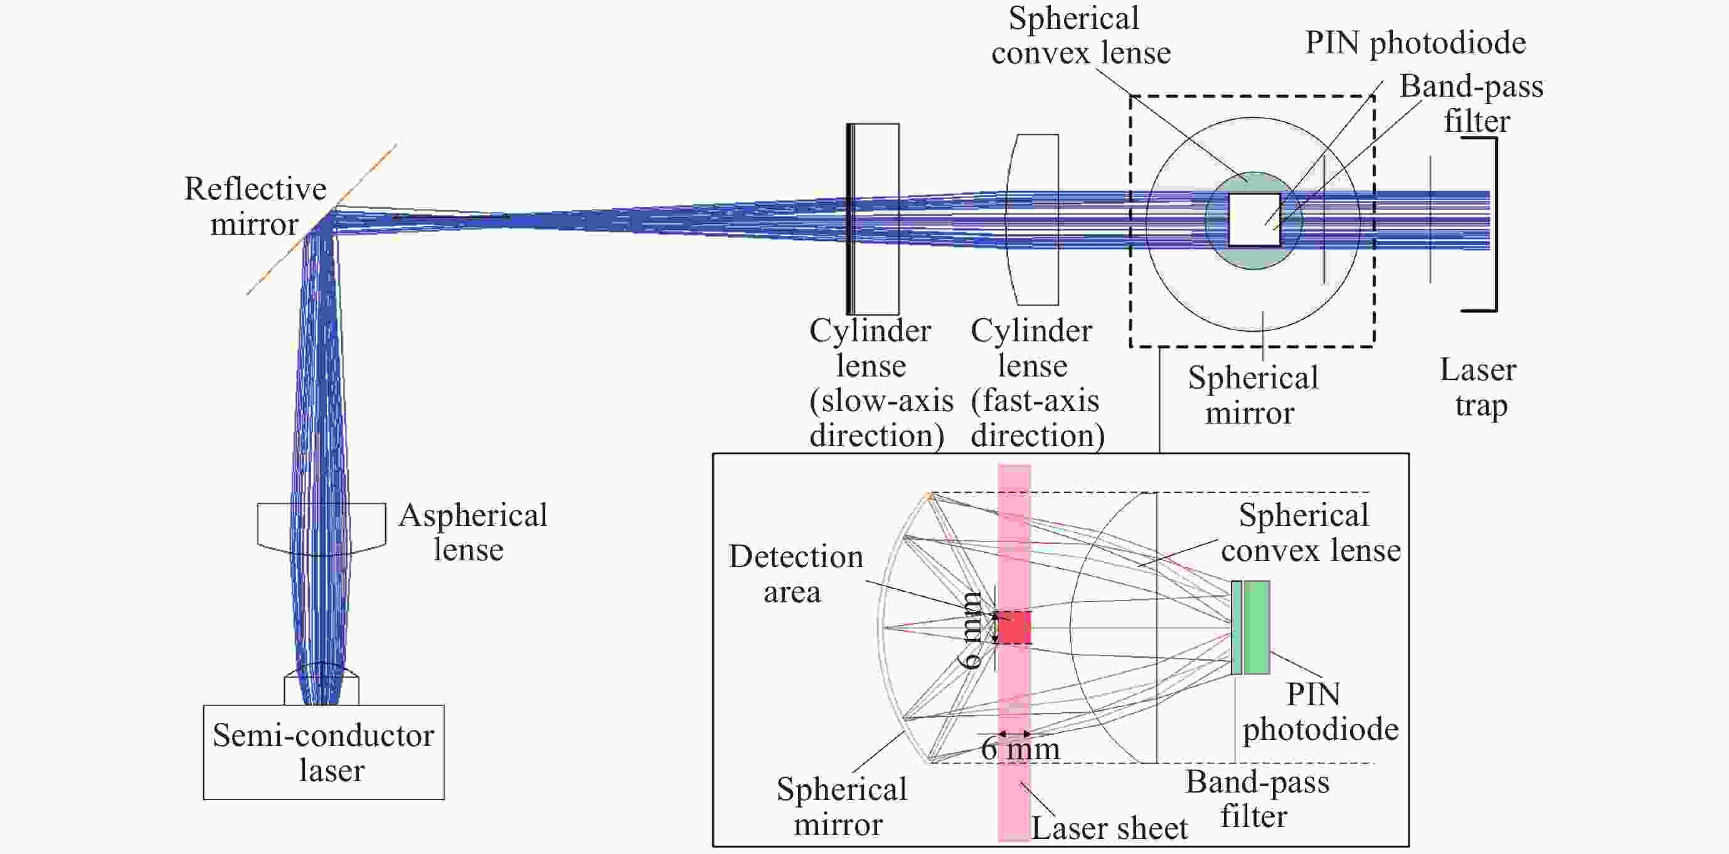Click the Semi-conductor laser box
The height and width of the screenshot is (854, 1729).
tap(324, 752)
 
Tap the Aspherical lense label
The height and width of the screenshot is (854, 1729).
tap(472, 532)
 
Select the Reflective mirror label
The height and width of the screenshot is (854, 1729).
tap(255, 206)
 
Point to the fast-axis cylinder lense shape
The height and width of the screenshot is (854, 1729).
tap(1034, 219)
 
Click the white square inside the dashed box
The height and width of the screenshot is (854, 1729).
tap(1254, 220)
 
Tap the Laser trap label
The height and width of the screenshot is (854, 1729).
tap(1478, 387)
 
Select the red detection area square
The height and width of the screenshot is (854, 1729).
tap(1014, 627)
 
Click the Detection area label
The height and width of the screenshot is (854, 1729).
tap(795, 574)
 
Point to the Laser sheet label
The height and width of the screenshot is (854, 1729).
tap(1109, 828)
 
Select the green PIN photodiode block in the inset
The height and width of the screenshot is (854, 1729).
tap(1257, 627)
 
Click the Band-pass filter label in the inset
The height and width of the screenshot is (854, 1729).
tap(1257, 799)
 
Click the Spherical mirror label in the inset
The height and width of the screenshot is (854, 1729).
tap(841, 806)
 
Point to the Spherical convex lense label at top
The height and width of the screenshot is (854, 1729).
tap(1080, 36)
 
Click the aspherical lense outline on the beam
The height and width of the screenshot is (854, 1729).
tap(321, 528)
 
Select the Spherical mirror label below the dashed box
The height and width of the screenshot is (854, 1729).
tap(1252, 395)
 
